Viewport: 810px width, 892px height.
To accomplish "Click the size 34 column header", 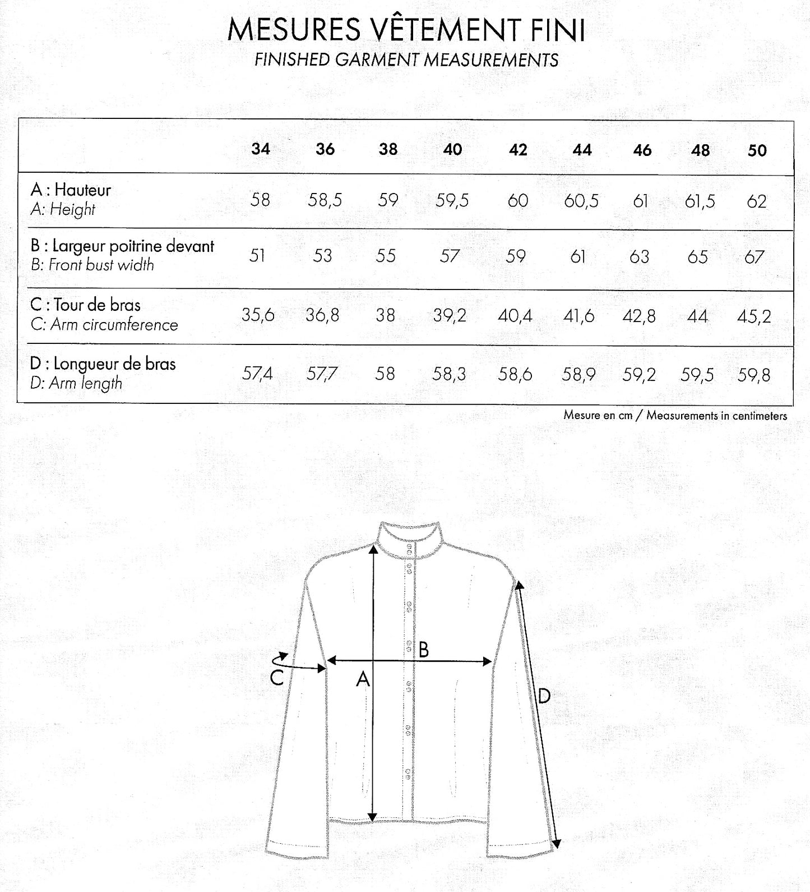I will click(x=261, y=149).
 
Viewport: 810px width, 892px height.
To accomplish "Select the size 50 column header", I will click(x=757, y=150).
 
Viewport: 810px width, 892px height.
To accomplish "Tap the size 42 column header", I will click(x=518, y=150).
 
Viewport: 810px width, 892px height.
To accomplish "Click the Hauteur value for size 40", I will click(x=452, y=200).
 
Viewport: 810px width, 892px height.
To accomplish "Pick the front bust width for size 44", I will click(x=578, y=256).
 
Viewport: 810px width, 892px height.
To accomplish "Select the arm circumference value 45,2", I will click(x=754, y=316).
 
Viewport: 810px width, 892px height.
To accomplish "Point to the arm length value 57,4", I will click(x=257, y=373).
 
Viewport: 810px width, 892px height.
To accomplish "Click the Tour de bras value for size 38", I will click(x=385, y=315).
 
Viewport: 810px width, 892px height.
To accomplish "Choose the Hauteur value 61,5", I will click(x=700, y=201).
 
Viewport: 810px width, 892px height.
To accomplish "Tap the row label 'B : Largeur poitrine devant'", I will click(x=122, y=246).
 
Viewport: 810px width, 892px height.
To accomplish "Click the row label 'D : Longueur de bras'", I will click(x=103, y=364).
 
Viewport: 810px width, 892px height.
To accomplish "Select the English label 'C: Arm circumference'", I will click(x=104, y=325).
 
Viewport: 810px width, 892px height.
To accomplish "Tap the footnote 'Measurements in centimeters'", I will click(x=716, y=416).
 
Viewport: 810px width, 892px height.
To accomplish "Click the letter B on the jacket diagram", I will click(x=424, y=650).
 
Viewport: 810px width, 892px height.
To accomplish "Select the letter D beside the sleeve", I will click(x=544, y=696).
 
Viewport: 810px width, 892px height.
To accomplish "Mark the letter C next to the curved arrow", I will click(x=276, y=678).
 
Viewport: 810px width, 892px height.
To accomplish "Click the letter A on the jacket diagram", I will click(x=363, y=679).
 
